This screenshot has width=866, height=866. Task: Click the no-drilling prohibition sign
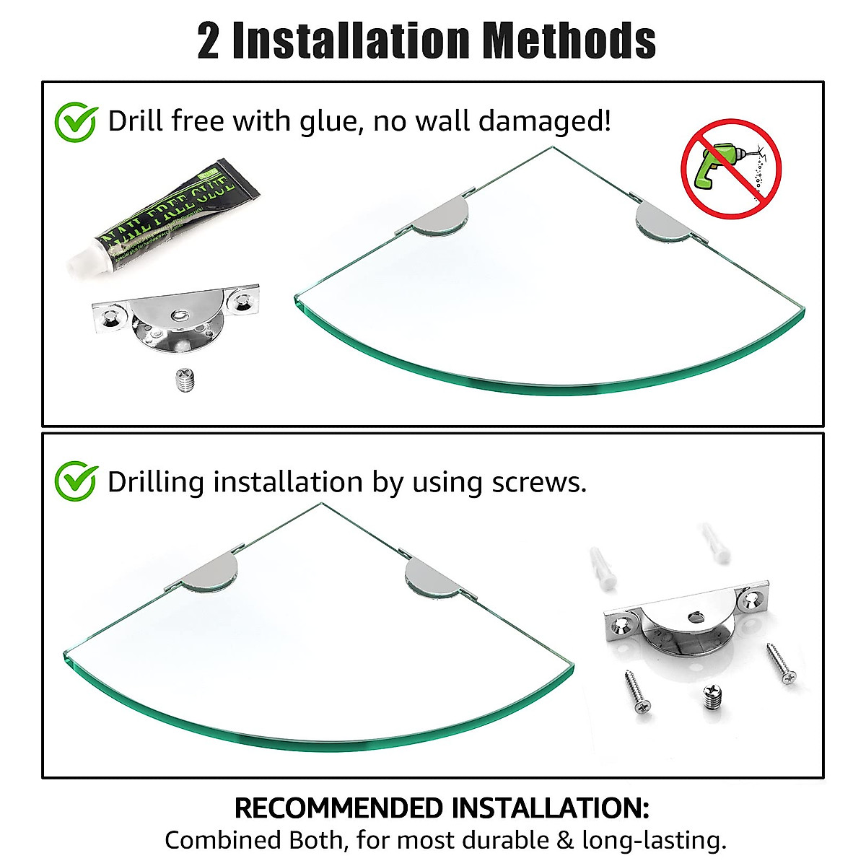click(x=731, y=169)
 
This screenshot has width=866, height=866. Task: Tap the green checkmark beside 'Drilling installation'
click(x=76, y=482)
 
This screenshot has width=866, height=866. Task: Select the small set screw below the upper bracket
click(x=186, y=380)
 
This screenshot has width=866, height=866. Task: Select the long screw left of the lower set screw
click(x=637, y=692)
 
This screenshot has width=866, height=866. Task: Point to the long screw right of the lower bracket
click(x=780, y=664)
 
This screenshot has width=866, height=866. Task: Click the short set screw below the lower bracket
click(x=711, y=699)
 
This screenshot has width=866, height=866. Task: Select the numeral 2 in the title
click(x=208, y=41)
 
